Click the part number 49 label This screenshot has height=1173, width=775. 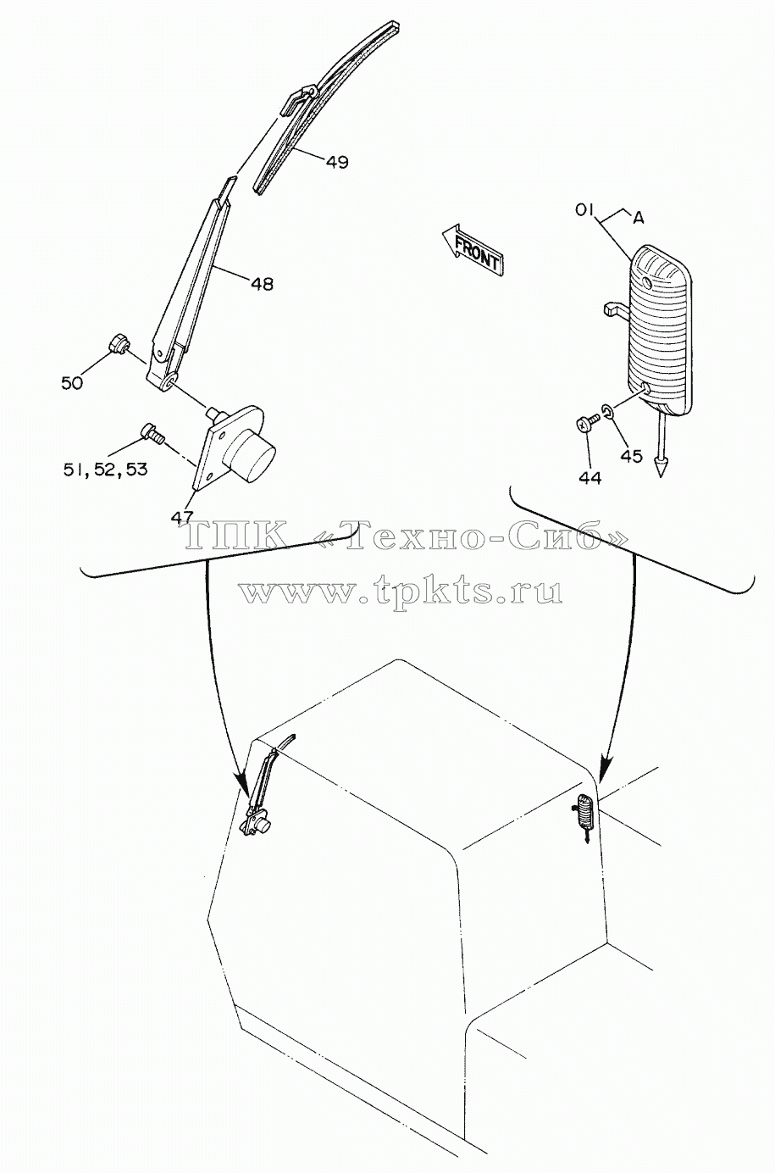point(337,162)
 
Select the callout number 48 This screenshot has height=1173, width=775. point(262,284)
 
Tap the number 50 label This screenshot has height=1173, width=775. point(72,383)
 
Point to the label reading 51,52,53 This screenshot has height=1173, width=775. point(106,470)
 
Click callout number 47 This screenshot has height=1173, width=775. point(182,517)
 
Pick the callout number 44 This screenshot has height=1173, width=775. point(590,477)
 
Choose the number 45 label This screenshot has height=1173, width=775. point(631,456)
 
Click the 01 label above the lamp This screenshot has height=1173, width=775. point(584,210)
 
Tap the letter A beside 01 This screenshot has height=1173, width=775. point(638,219)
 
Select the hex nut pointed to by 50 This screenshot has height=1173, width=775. point(119,344)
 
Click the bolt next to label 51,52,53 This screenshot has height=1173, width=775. point(152,432)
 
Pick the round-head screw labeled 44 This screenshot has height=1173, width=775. point(589,422)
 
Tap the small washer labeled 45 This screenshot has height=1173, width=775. point(608,410)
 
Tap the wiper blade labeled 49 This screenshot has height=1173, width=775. point(326,107)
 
